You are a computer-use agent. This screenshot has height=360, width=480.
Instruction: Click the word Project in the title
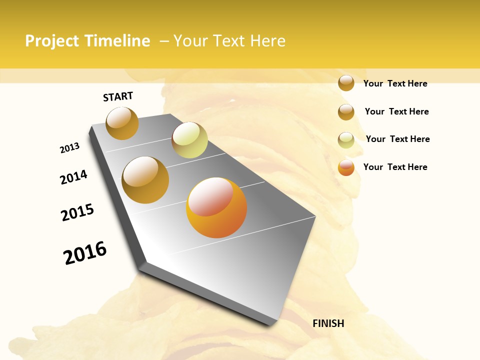pos(52,41)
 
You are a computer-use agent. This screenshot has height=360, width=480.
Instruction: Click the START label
pos(118,96)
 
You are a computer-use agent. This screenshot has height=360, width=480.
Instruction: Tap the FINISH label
pos(328,323)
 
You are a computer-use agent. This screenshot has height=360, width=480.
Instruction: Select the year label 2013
pos(69,148)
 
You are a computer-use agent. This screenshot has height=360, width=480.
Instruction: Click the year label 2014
pos(73,177)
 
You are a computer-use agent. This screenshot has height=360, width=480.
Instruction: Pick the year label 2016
pos(85,253)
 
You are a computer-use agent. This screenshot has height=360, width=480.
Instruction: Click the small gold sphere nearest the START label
pos(122,123)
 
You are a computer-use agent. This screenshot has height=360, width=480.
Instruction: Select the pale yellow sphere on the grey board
pos(189,140)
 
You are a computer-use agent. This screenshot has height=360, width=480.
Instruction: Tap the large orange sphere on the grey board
pos(216,207)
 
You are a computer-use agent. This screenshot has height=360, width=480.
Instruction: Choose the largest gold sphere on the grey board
pos(145,179)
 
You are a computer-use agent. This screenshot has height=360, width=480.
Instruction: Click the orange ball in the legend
pos(346,168)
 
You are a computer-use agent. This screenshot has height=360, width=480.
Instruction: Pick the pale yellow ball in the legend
pos(346,140)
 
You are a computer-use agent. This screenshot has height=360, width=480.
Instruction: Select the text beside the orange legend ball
pos(395,167)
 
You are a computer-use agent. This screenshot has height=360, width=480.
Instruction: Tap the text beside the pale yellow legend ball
pos(397,139)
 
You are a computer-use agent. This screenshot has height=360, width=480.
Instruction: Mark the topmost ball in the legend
pos(346,83)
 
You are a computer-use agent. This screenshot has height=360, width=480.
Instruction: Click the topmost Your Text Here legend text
pos(395,83)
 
